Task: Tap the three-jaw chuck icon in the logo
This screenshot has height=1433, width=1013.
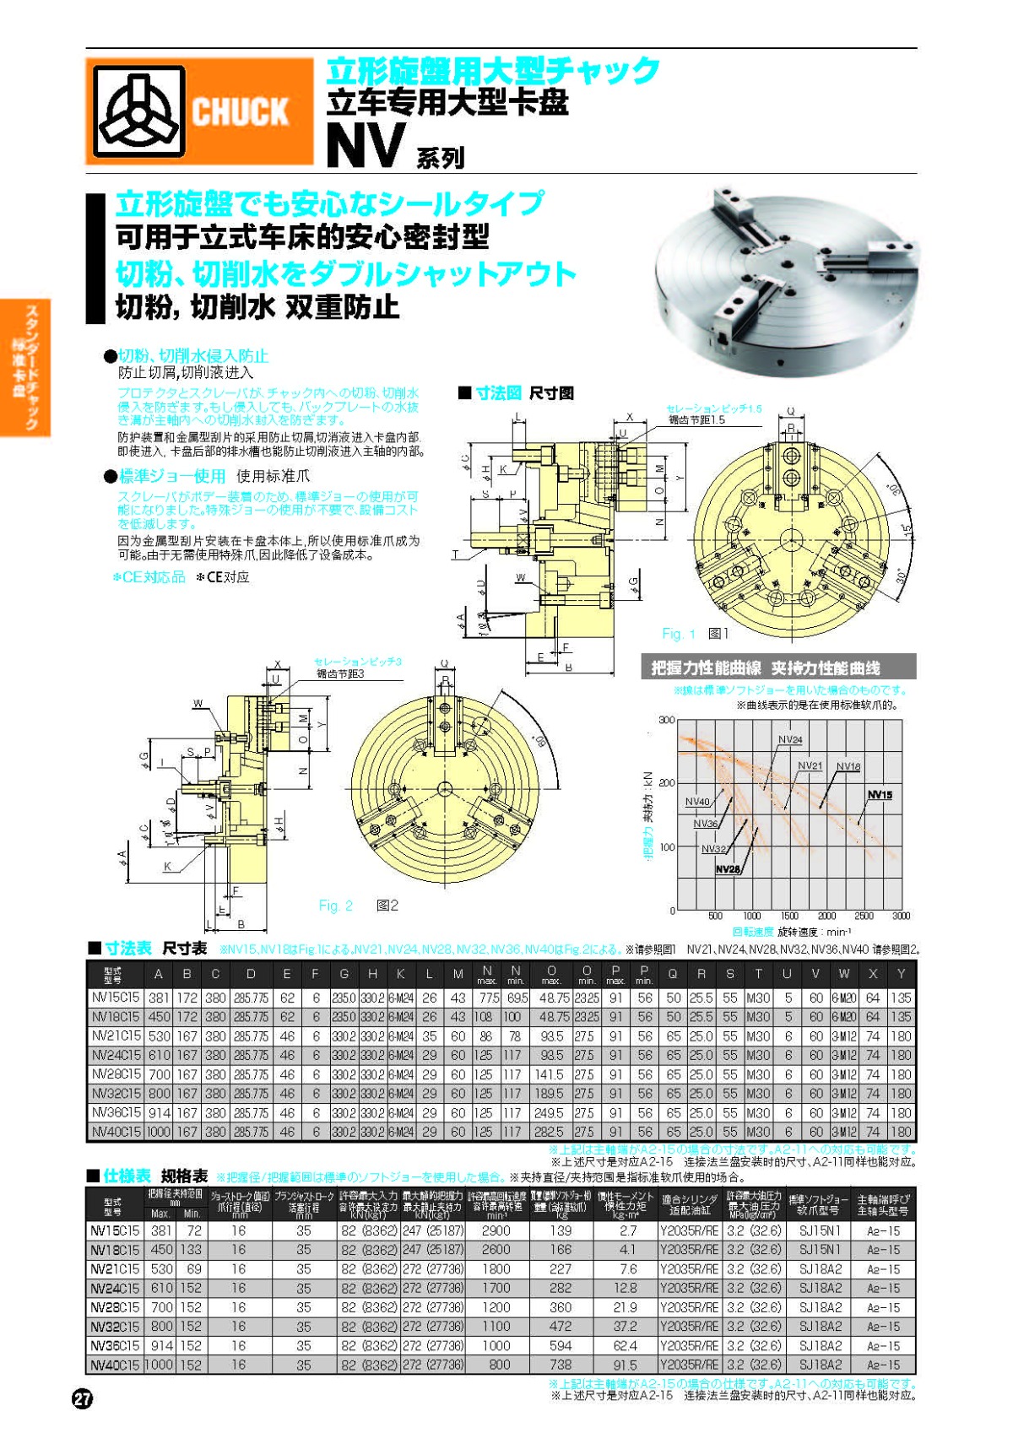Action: point(138,112)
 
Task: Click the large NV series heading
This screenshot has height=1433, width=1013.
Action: point(366,146)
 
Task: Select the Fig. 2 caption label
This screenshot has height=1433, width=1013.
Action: point(336,906)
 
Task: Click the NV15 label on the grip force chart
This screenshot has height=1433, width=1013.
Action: point(879,795)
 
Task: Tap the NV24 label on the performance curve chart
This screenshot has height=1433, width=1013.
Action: point(789,739)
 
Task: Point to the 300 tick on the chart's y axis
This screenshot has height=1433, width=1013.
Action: point(666,720)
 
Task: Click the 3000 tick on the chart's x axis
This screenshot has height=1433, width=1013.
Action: point(901,916)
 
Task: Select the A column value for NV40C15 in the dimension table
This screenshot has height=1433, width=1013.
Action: point(158,1132)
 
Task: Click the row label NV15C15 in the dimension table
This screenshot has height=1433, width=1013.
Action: point(116,998)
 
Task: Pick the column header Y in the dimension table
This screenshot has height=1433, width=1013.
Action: point(901,974)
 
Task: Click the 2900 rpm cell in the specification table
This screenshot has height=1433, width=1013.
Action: point(496,1230)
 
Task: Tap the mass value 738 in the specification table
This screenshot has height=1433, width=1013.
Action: point(561,1365)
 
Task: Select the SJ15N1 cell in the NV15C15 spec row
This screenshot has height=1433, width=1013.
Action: point(819,1230)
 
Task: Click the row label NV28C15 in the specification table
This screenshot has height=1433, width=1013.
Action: point(115,1307)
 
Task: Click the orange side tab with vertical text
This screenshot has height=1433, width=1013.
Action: point(25,367)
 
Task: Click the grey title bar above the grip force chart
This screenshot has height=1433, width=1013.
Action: point(777,668)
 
